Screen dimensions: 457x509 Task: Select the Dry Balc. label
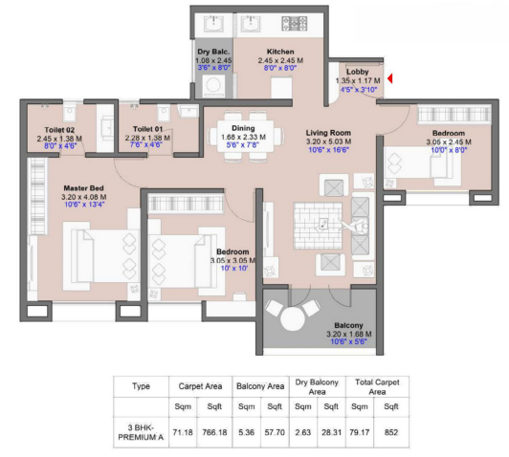(212, 51)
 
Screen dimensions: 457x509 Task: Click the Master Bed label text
(83, 188)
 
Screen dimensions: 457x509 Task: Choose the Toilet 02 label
(59, 129)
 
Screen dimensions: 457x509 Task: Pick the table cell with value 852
(392, 430)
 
